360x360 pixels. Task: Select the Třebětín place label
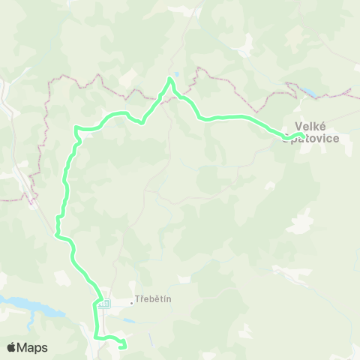click(154, 299)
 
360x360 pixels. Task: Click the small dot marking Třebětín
click(131, 303)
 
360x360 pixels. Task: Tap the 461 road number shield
click(103, 304)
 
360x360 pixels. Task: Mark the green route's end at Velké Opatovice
click(300, 135)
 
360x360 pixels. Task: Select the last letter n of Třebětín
click(169, 299)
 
